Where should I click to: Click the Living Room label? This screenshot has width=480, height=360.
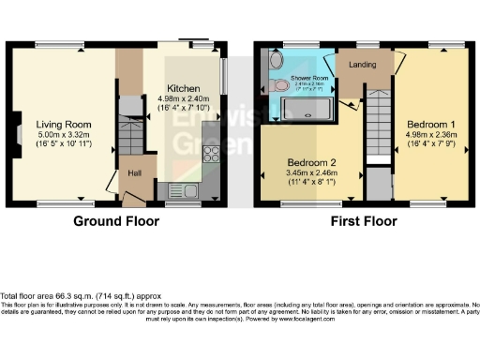(x=63, y=124)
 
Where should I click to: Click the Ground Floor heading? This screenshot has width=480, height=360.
(x=116, y=223)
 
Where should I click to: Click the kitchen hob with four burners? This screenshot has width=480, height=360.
(x=212, y=154)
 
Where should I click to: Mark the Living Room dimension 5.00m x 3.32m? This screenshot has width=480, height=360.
(x=63, y=135)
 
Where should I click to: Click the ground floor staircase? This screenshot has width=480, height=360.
(x=129, y=126)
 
